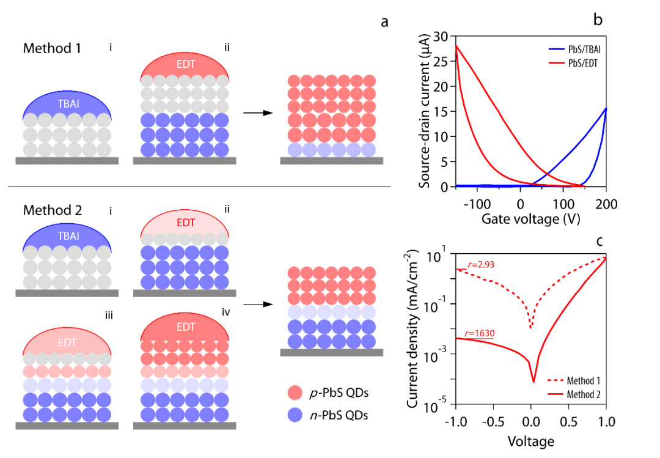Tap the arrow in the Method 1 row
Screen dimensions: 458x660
(x=257, y=113)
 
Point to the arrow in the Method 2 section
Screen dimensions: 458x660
(x=257, y=303)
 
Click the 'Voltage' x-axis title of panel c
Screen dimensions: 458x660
(x=530, y=441)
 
